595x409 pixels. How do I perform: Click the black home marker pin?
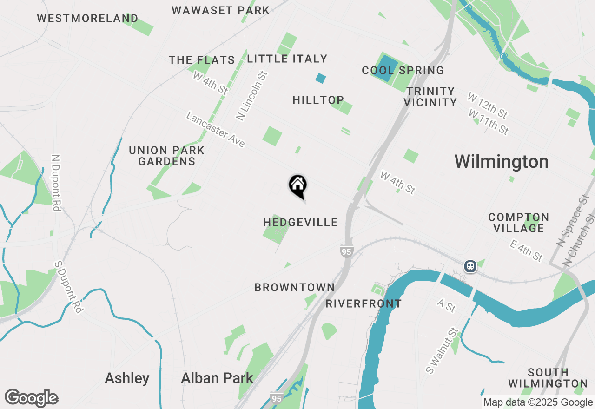click(x=298, y=187)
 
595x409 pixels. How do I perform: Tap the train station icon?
click(x=470, y=266)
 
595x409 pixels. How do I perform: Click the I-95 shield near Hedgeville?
click(x=346, y=251)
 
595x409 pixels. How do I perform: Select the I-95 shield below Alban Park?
click(x=276, y=398)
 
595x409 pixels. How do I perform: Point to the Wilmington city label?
click(x=501, y=162)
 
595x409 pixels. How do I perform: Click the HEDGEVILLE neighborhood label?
click(x=300, y=222)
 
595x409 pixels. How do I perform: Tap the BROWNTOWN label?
click(x=295, y=287)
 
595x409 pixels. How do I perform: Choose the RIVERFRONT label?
click(x=364, y=303)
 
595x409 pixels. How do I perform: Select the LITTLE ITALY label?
click(x=287, y=59)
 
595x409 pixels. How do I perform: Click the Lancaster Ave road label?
click(x=215, y=130)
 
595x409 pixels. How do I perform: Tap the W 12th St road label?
click(x=488, y=105)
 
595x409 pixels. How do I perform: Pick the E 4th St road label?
click(x=525, y=250)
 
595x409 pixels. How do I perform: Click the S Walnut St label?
click(x=442, y=351)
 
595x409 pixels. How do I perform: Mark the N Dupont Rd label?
click(x=57, y=183)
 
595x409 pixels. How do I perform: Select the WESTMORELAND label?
click(x=87, y=19)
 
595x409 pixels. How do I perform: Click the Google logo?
click(x=31, y=398)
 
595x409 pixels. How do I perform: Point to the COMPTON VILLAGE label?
click(x=518, y=223)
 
